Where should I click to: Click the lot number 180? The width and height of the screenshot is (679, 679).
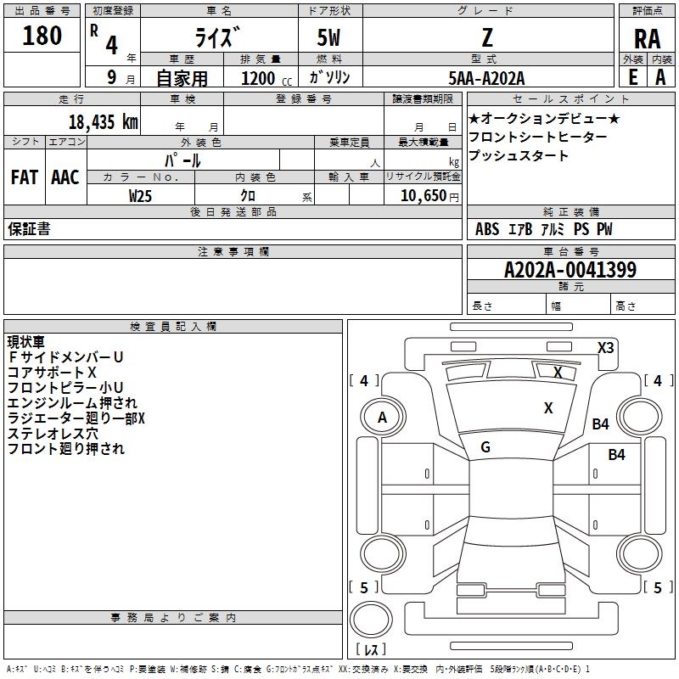tap(42, 36)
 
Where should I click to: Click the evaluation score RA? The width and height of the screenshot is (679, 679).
tap(647, 39)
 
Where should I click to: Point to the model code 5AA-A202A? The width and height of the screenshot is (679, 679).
tap(486, 78)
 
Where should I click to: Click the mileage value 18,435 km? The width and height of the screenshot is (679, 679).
tap(103, 121)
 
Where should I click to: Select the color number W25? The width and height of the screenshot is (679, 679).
tap(141, 196)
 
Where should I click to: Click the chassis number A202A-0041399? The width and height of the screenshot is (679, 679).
tap(570, 270)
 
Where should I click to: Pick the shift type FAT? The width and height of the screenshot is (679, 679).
tap(24, 177)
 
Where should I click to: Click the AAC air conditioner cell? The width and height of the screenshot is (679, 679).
tap(65, 177)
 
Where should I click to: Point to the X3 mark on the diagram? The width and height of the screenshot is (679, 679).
tap(606, 347)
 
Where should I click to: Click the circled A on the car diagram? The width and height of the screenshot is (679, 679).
tap(382, 417)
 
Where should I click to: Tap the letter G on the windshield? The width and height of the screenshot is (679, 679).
tap(485, 446)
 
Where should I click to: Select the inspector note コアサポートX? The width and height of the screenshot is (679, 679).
tap(52, 373)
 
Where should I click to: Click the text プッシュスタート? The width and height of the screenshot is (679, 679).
tap(519, 156)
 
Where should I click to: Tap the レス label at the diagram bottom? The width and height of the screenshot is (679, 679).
tap(371, 648)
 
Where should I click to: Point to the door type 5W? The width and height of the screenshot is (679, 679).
tap(329, 37)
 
